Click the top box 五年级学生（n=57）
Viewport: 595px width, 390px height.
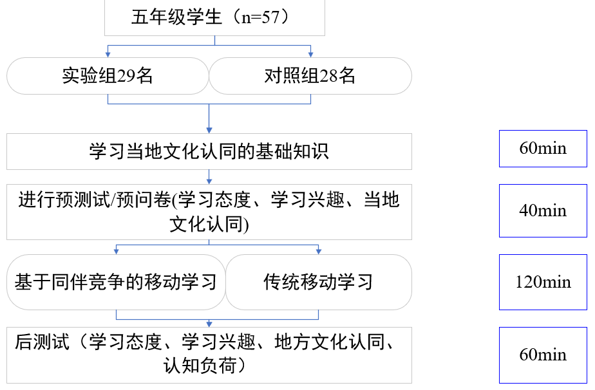(214, 17)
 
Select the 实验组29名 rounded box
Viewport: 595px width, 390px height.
(108, 76)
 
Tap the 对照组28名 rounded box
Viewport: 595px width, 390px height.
(310, 76)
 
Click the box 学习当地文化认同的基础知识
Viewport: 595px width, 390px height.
(209, 151)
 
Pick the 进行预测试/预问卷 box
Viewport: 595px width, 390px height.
(209, 212)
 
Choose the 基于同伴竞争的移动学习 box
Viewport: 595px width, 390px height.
(116, 282)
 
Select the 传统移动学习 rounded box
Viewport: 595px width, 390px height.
(318, 282)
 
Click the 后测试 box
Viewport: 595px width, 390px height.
(209, 355)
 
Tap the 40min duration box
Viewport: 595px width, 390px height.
(543, 210)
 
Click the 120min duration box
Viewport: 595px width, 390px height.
(543, 282)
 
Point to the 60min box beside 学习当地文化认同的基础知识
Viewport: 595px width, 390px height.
(543, 149)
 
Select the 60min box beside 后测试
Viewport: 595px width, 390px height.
(543, 355)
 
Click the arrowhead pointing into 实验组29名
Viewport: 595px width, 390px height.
(108, 54)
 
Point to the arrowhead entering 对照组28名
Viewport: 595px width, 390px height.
(310, 54)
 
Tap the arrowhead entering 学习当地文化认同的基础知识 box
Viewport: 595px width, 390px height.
(209, 129)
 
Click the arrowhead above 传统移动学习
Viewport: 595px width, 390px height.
(318, 251)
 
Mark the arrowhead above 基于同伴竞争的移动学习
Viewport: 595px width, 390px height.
(116, 251)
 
